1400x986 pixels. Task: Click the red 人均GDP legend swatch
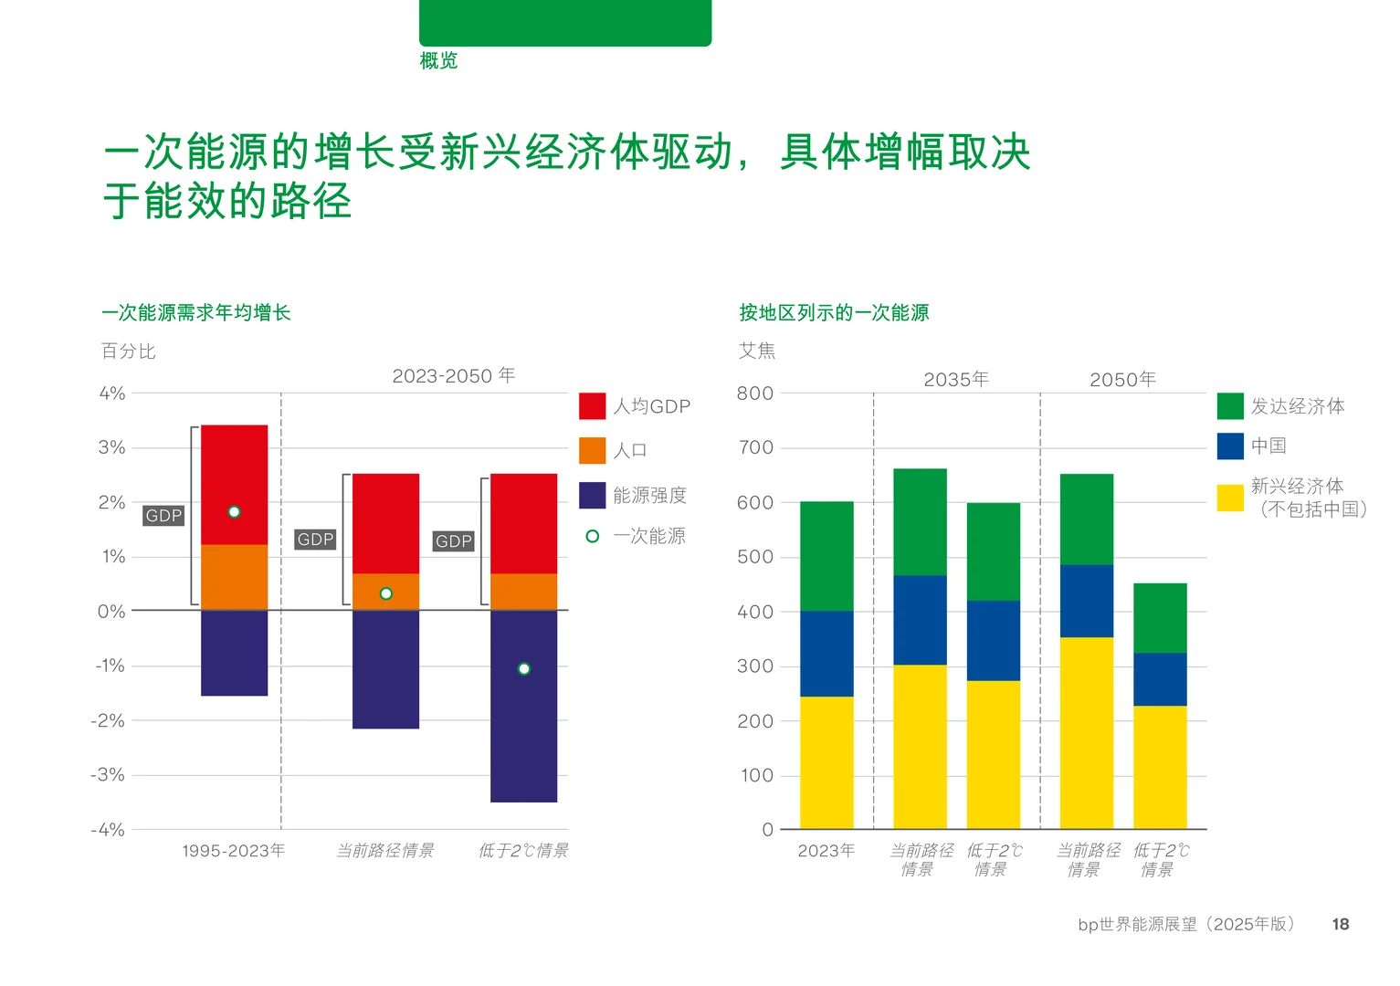(592, 406)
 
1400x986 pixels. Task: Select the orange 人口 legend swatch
(592, 450)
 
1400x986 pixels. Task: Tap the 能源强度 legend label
(649, 495)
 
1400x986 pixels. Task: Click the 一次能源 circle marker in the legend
(592, 536)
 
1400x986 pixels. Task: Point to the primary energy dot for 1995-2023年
(234, 512)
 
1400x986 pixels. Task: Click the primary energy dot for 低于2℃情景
(523, 669)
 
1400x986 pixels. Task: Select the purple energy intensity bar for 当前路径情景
(385, 669)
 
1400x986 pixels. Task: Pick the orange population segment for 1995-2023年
(234, 577)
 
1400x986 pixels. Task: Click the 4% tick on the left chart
(112, 393)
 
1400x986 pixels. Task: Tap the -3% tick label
(108, 775)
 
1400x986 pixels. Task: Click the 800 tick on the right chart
(755, 393)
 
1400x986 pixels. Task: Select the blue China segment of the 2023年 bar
(826, 654)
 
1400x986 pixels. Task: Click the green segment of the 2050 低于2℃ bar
(1160, 618)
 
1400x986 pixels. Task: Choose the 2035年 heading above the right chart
(956, 380)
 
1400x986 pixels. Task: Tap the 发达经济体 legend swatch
(1230, 406)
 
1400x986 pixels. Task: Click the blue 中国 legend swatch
(1230, 446)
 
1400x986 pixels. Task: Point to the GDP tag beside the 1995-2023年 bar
(164, 516)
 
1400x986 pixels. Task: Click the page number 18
(1340, 924)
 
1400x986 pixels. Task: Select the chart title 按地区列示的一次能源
(834, 313)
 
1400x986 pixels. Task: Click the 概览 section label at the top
(438, 61)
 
